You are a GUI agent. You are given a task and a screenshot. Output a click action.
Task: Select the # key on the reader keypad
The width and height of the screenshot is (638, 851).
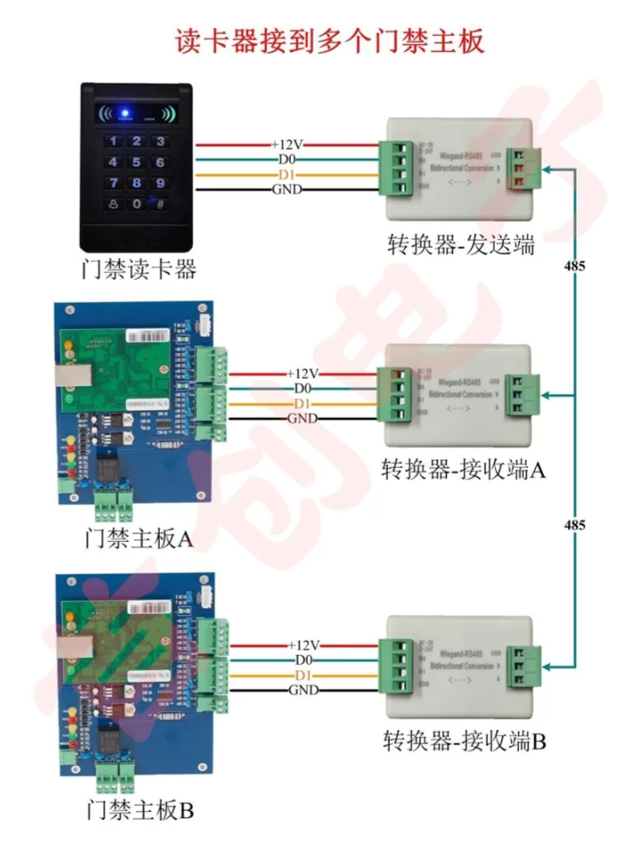pos(158,204)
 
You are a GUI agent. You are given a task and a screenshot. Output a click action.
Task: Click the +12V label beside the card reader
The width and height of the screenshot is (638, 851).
pos(287,146)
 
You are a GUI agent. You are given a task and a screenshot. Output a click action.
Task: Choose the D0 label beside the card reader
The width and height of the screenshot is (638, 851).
pos(287,160)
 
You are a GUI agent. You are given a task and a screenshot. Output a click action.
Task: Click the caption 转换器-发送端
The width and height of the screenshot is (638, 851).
pos(459,247)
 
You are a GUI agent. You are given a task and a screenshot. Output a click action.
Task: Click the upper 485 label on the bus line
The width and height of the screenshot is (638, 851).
pos(574,266)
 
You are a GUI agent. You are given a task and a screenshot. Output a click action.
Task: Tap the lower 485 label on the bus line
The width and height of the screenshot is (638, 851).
pos(574,525)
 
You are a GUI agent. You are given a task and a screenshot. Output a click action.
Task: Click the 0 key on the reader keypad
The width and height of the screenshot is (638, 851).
pos(135,204)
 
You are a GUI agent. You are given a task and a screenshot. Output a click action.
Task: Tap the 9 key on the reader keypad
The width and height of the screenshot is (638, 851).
pos(158,183)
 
